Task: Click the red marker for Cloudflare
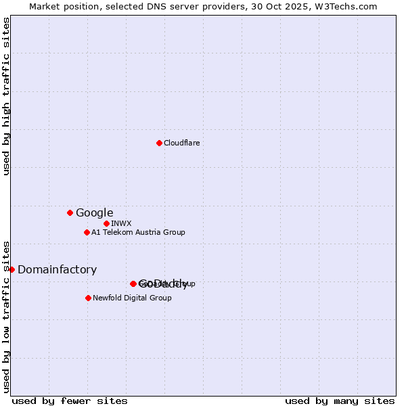(x=159, y=143)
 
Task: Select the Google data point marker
(x=70, y=212)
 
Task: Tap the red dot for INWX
(x=106, y=223)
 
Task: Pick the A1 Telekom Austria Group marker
(x=87, y=232)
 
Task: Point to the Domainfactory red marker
(x=12, y=269)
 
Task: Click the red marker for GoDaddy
(x=133, y=284)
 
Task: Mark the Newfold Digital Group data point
(x=88, y=298)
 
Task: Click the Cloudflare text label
(x=181, y=143)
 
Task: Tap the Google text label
(x=94, y=212)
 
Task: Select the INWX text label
(x=121, y=223)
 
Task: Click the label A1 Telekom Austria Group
(x=138, y=232)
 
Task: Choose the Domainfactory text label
(x=57, y=269)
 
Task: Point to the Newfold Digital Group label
(x=132, y=298)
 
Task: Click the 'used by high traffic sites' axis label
(x=7, y=96)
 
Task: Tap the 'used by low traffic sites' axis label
(x=7, y=316)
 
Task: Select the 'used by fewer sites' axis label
(x=70, y=401)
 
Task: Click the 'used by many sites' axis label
(x=340, y=401)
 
